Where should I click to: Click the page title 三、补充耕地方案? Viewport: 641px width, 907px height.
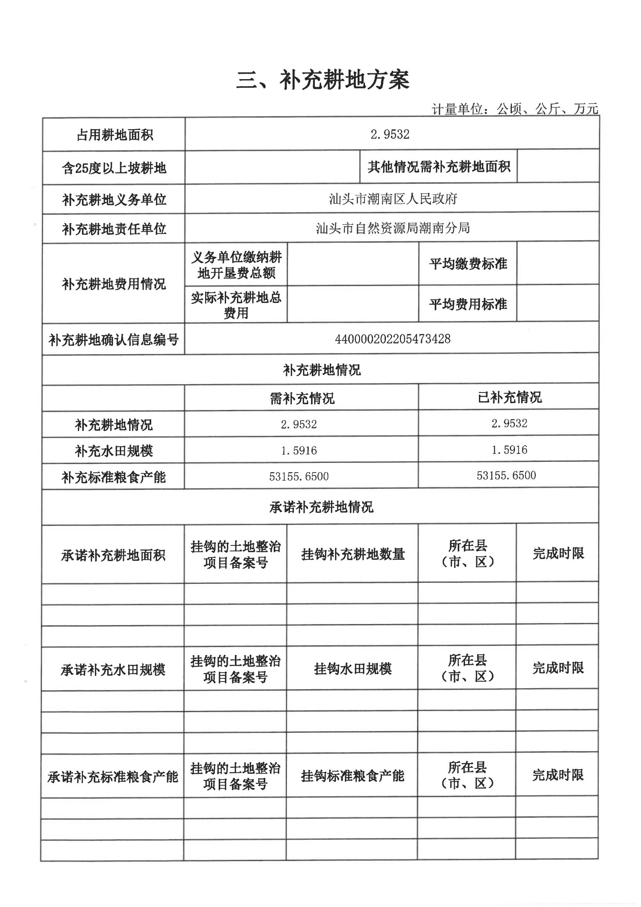click(322, 80)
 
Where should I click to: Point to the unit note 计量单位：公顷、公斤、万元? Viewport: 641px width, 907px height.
click(515, 109)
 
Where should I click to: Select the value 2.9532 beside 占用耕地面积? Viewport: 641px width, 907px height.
click(390, 134)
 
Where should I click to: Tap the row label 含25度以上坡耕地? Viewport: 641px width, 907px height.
click(114, 168)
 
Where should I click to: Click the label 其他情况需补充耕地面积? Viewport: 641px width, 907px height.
click(439, 167)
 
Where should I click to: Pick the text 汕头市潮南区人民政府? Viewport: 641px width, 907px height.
click(392, 198)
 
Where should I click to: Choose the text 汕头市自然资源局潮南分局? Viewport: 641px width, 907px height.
click(392, 228)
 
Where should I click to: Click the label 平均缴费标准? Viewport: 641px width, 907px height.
click(468, 264)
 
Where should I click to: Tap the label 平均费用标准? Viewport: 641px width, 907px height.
click(468, 304)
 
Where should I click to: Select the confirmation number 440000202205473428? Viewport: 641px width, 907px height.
click(392, 339)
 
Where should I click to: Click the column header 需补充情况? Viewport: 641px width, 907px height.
click(302, 398)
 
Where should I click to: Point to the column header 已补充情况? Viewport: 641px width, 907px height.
click(510, 397)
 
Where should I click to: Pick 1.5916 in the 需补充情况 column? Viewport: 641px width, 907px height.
click(299, 450)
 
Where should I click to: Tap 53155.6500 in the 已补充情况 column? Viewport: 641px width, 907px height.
click(506, 475)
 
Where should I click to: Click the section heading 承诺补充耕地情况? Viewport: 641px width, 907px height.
click(321, 507)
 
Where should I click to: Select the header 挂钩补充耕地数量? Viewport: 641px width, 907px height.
click(353, 554)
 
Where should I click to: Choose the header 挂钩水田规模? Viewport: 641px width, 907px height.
click(353, 669)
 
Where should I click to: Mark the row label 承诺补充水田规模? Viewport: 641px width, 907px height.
click(113, 670)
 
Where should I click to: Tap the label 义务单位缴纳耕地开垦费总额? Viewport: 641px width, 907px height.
click(236, 265)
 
